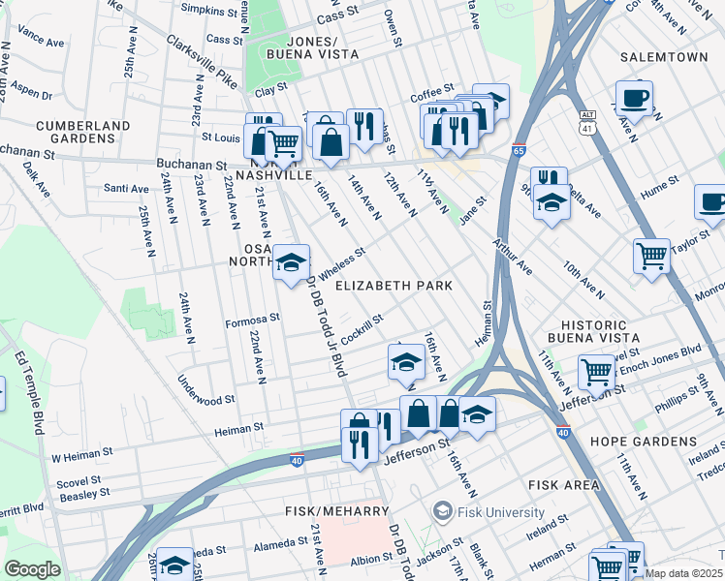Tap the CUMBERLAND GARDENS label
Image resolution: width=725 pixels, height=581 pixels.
click(82, 133)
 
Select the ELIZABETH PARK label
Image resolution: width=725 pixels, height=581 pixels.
click(394, 287)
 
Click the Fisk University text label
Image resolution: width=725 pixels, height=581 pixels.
click(495, 509)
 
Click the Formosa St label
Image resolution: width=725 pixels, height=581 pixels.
click(252, 318)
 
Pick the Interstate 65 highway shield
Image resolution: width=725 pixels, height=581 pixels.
click(519, 151)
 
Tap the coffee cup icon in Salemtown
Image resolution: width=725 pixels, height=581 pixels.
click(634, 97)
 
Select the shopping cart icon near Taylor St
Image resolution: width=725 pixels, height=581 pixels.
click(651, 257)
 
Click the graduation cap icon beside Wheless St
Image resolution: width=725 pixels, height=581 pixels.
click(290, 262)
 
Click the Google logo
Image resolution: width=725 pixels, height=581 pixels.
click(32, 569)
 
